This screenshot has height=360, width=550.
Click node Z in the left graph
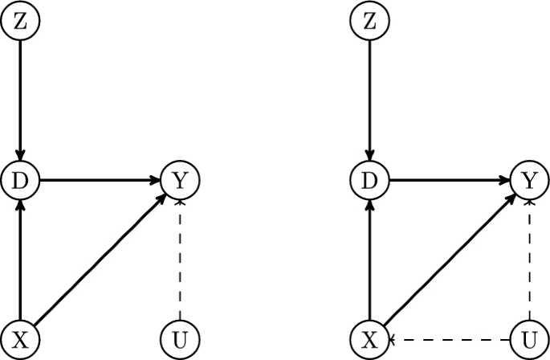pos(21,22)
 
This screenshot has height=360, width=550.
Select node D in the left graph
pos(21,181)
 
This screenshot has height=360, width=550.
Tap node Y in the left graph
pos(180,181)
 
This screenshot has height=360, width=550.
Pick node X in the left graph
pos(21,339)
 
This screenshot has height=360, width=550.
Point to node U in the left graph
pos(180,339)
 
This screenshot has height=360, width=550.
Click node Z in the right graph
pos(369,22)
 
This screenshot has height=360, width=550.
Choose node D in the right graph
pos(369,181)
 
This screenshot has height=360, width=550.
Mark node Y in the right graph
pos(528,181)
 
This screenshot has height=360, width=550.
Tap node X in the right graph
pos(369,339)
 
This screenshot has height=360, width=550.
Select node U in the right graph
pos(528,339)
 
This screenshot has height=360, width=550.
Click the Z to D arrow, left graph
pos(21,100)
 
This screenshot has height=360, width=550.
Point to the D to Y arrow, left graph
pos(100,181)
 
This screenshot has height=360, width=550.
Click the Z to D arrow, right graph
pos(369,100)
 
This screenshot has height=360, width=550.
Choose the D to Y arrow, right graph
pos(449,181)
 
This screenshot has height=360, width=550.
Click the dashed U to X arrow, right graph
pos(449,339)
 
